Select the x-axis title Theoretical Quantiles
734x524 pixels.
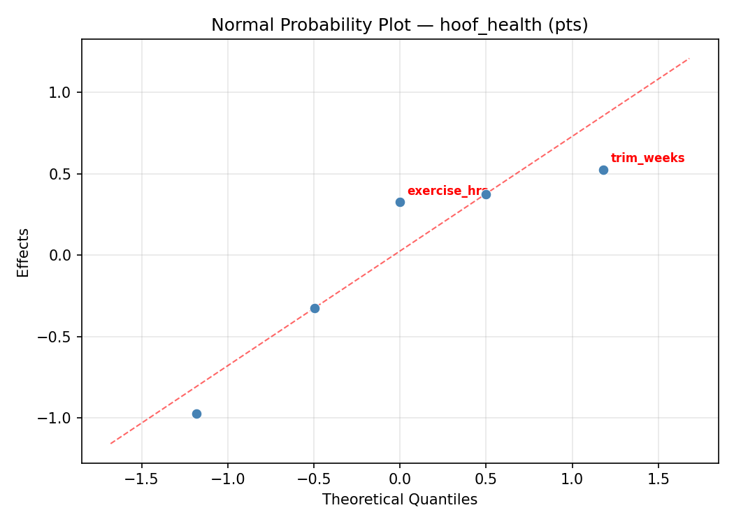(x=400, y=500)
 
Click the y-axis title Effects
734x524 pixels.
(x=24, y=252)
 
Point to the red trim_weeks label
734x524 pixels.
(x=647, y=158)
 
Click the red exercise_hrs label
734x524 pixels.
(x=446, y=191)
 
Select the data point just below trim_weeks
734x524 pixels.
(x=603, y=170)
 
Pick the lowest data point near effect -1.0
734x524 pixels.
(x=196, y=414)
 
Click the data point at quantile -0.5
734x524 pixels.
(x=315, y=308)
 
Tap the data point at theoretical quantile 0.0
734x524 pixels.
(x=400, y=202)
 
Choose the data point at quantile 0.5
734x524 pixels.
(x=486, y=194)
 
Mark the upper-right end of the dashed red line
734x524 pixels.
(x=689, y=59)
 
